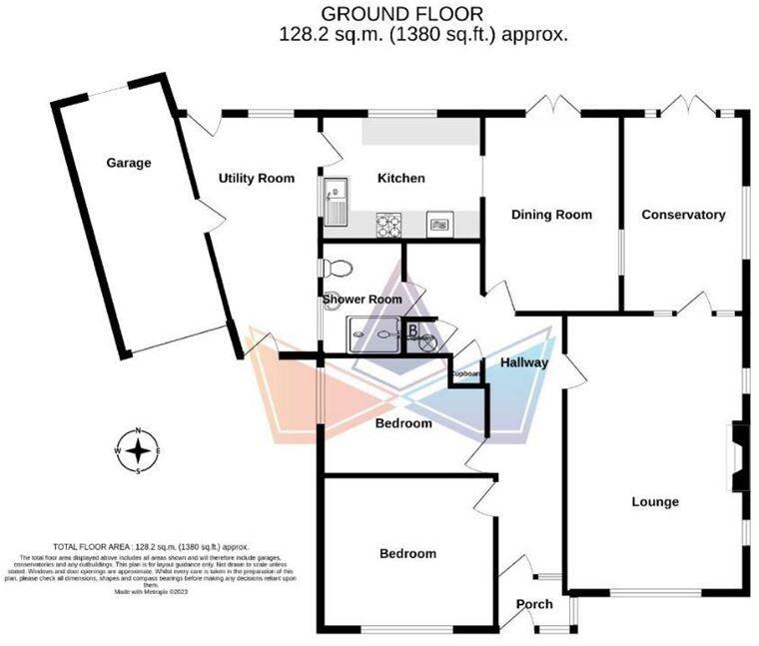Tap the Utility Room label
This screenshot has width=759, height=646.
[257, 179]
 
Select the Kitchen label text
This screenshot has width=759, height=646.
[400, 179]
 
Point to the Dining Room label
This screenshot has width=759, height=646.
[551, 215]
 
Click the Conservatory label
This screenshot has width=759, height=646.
[683, 215]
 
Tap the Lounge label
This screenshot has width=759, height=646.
[654, 501]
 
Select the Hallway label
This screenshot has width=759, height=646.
[524, 362]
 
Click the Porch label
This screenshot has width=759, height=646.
[534, 604]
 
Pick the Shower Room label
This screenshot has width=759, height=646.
[362, 299]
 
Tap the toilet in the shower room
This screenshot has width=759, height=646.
[336, 269]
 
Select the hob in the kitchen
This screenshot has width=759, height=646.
[387, 226]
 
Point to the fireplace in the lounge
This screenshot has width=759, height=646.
[738, 457]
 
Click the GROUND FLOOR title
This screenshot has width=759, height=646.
[402, 14]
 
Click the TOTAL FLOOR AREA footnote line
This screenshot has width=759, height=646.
[151, 547]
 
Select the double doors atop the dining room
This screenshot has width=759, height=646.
[551, 106]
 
